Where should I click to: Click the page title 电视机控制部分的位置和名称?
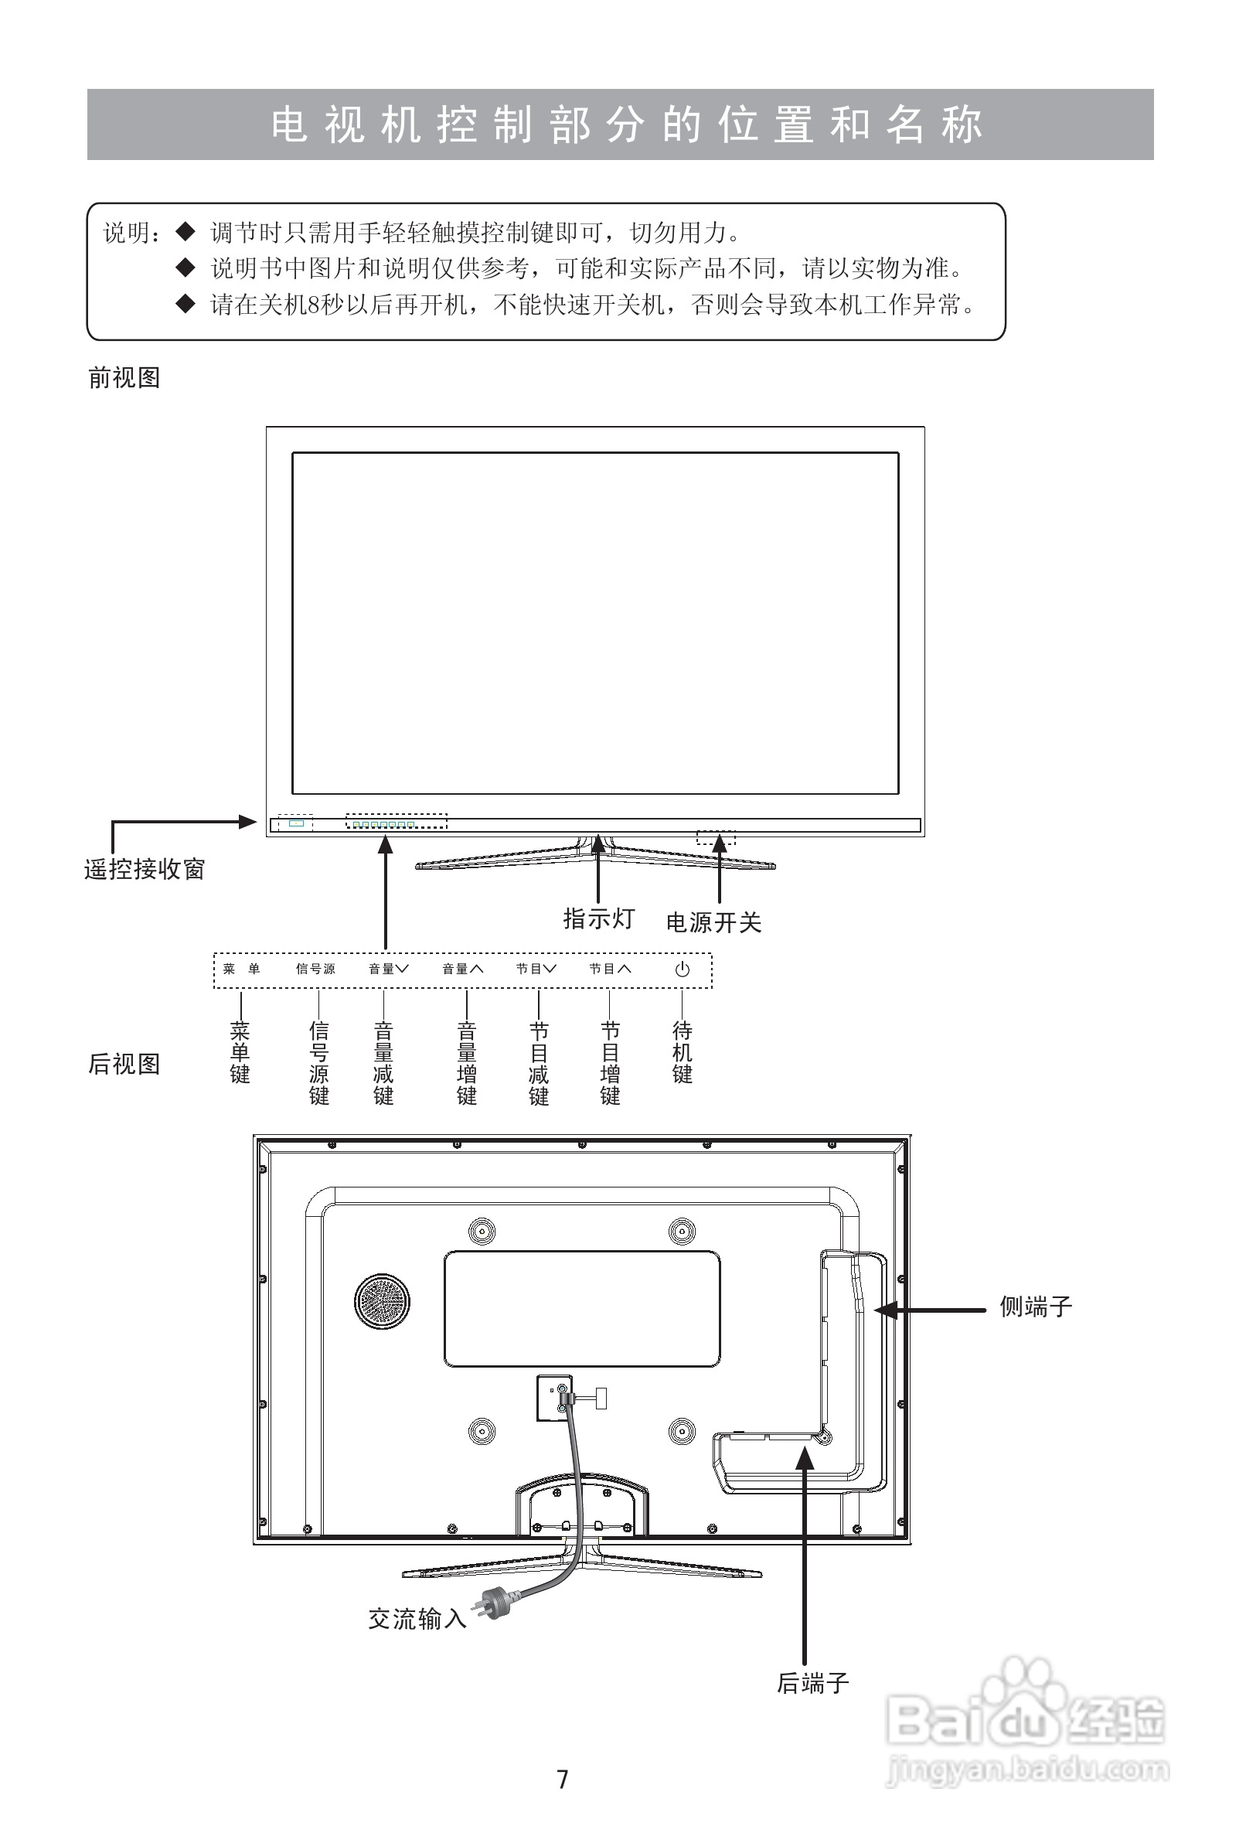coord(625,125)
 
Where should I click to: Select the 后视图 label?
coord(124,1064)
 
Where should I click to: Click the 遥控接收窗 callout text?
coord(144,869)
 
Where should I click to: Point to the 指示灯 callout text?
coord(598,918)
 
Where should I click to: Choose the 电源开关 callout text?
coord(713,922)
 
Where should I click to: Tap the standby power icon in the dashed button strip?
coord(682,969)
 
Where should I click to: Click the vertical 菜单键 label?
coord(240,1052)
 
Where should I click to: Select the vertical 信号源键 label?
coord(318,1062)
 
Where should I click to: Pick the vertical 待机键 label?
coord(682,1052)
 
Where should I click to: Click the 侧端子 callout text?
coord(1035,1307)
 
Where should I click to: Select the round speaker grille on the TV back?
coord(383,1303)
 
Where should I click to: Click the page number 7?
coord(563,1780)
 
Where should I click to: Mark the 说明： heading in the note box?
coord(131,233)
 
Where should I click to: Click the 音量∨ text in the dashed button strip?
coord(388,969)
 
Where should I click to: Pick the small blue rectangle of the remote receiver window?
coord(296,823)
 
